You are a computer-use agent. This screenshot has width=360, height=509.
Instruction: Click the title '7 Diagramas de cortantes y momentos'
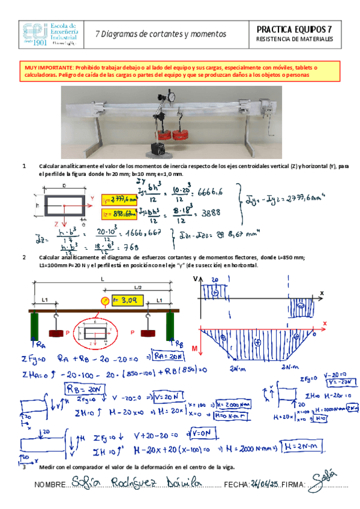tap(161, 34)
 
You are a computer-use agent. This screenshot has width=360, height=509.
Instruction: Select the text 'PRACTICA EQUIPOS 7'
tap(294, 29)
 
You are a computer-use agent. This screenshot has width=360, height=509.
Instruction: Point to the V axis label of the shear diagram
tap(196, 279)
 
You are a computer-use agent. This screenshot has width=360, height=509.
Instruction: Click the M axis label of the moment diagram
tap(196, 348)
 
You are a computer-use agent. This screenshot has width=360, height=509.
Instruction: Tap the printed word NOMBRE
tap(50, 485)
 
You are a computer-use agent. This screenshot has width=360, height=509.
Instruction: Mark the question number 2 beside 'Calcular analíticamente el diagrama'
tap(24, 257)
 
